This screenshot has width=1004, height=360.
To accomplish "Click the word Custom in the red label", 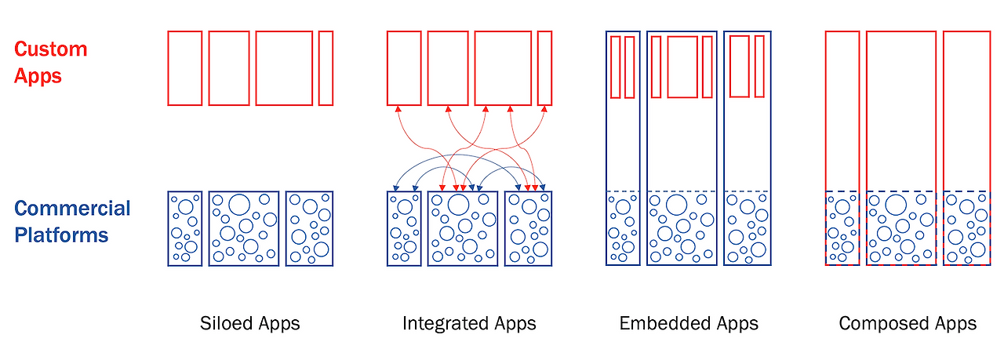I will click(50, 49).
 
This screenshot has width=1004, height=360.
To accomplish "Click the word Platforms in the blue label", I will click(61, 235).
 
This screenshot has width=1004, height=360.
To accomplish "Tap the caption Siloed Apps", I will click(249, 323).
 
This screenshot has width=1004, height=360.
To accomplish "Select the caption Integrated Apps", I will click(469, 323).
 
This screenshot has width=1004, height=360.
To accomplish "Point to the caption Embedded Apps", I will click(689, 323).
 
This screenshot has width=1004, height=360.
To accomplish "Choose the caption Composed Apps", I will click(908, 323).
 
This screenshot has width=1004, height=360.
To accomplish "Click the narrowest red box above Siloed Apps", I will click(326, 68).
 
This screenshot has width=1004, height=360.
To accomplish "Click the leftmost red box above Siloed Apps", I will click(185, 68).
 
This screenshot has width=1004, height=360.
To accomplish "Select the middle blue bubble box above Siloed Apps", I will click(243, 228).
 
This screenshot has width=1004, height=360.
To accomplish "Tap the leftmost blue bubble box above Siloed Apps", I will click(185, 228).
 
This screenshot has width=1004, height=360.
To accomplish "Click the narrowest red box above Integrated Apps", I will click(544, 68).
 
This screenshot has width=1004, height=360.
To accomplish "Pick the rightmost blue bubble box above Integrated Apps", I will click(528, 228).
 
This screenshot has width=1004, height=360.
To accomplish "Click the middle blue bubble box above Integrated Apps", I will click(462, 228).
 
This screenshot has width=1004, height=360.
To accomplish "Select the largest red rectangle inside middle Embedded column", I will click(682, 67).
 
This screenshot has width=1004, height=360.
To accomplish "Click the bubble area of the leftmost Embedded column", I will click(624, 228).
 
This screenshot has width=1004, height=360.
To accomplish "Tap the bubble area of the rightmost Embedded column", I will click(748, 228).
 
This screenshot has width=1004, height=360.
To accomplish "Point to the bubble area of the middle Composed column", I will click(900, 228).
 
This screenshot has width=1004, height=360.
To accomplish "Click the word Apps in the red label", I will click(38, 76).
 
